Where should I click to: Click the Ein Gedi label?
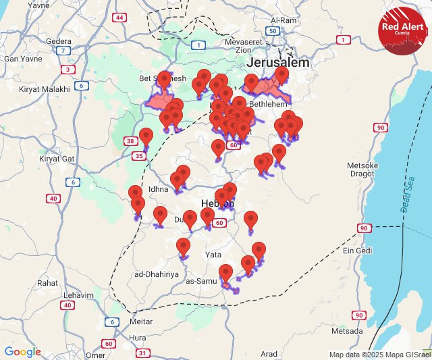click(x=358, y=251)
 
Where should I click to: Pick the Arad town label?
click(x=269, y=354)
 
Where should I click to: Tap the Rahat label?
click(x=48, y=283)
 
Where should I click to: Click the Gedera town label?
click(x=59, y=41)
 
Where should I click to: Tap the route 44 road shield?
click(x=119, y=18)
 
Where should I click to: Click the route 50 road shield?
click(x=273, y=31)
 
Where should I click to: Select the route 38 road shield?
click(x=130, y=141)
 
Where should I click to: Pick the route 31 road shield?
click(x=142, y=353)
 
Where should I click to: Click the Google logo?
click(x=22, y=352)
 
